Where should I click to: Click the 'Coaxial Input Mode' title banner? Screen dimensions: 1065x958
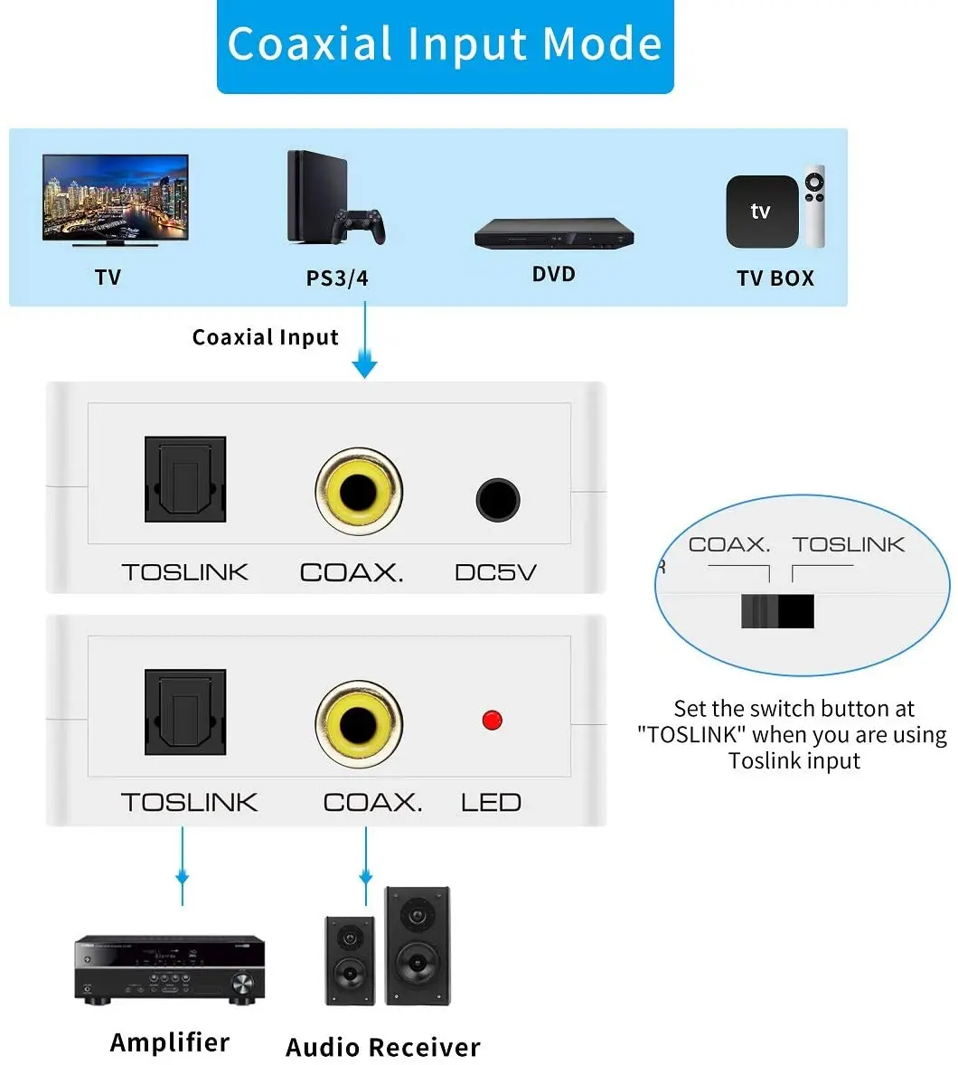click(445, 45)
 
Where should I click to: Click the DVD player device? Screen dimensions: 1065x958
click(553, 233)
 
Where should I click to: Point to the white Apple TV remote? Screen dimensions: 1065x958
click(815, 206)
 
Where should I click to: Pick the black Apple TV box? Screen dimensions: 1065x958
click(761, 212)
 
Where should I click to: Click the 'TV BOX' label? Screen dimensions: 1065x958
click(775, 278)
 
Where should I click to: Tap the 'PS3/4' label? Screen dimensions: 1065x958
click(337, 278)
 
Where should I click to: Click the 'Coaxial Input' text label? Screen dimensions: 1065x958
click(265, 337)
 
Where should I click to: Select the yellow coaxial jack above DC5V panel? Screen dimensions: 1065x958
click(359, 491)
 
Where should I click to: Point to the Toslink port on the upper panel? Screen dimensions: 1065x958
click(185, 479)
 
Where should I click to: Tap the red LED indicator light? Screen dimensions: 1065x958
click(492, 721)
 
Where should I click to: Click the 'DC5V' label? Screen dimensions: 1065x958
click(495, 572)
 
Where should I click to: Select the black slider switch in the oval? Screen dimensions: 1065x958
click(778, 611)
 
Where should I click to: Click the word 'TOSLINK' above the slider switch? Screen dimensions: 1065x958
click(849, 544)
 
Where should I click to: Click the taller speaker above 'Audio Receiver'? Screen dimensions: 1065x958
click(418, 945)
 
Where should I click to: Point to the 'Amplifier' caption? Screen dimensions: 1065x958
click(170, 1042)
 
